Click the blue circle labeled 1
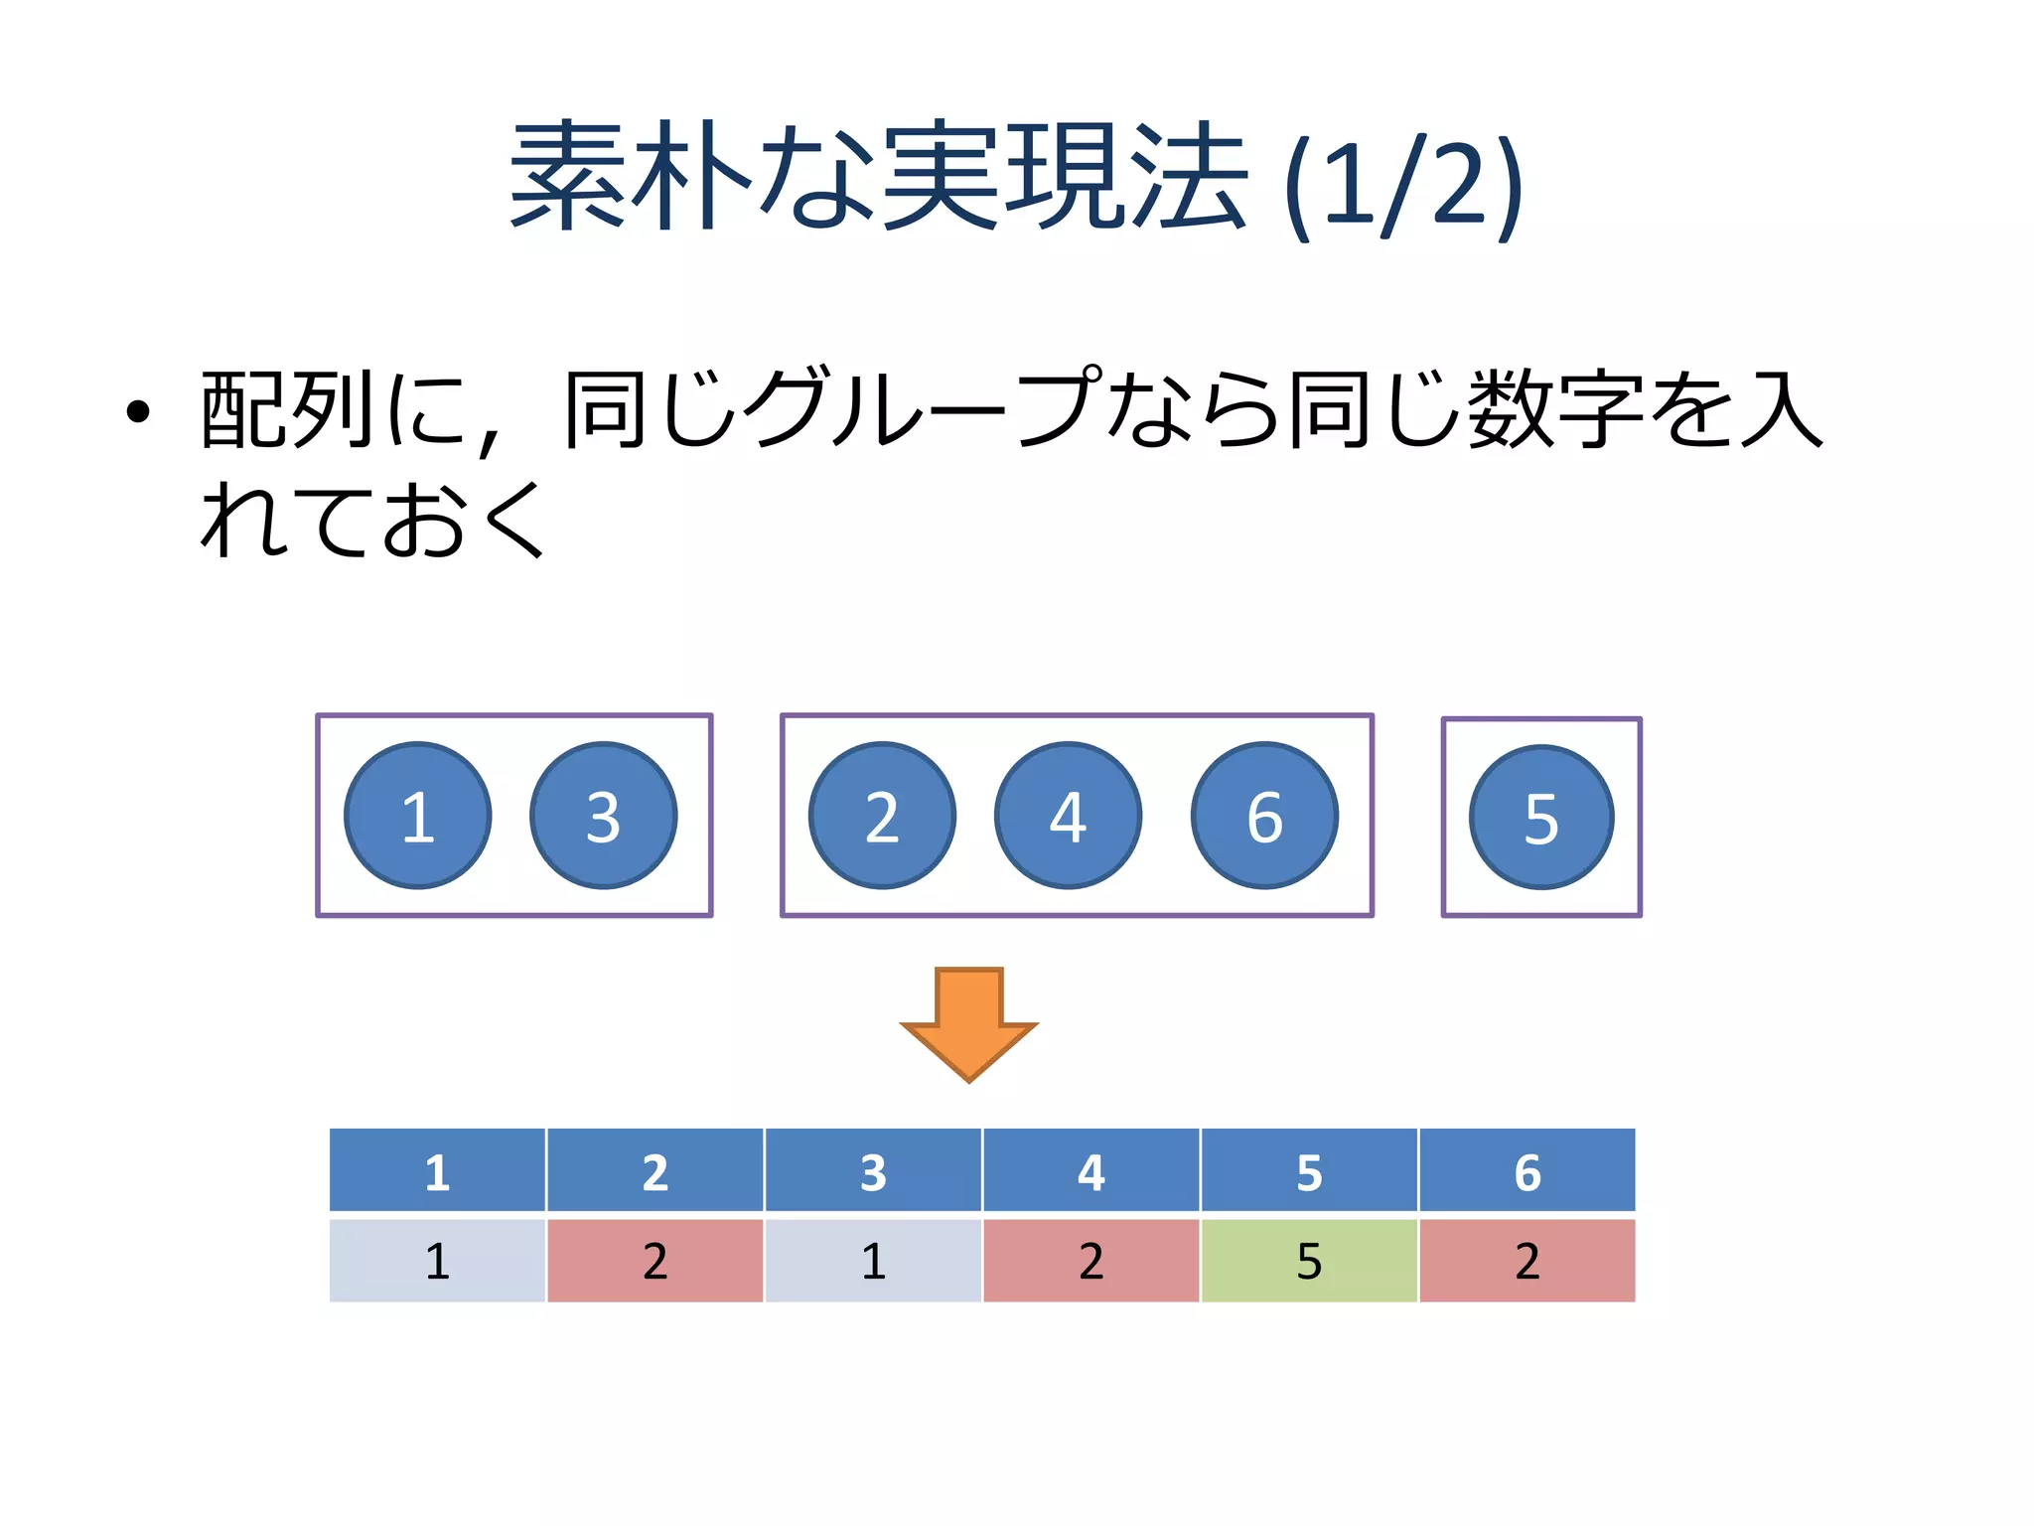tap(418, 816)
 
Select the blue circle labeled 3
tap(604, 816)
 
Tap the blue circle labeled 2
tap(882, 816)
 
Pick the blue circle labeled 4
tap(1069, 816)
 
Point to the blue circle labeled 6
tap(1265, 816)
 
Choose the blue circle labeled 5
tap(1541, 818)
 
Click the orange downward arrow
tap(969, 1023)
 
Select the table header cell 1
tap(437, 1171)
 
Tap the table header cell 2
tap(655, 1171)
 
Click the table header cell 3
tap(873, 1171)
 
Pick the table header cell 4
tap(1091, 1171)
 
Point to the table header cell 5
tap(1309, 1171)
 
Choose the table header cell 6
tap(1527, 1171)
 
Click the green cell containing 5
tap(1309, 1261)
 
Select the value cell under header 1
tap(437, 1261)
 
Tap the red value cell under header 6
tap(1527, 1261)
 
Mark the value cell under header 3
tap(873, 1261)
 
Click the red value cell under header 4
tap(1091, 1261)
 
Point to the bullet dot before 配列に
tap(138, 411)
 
